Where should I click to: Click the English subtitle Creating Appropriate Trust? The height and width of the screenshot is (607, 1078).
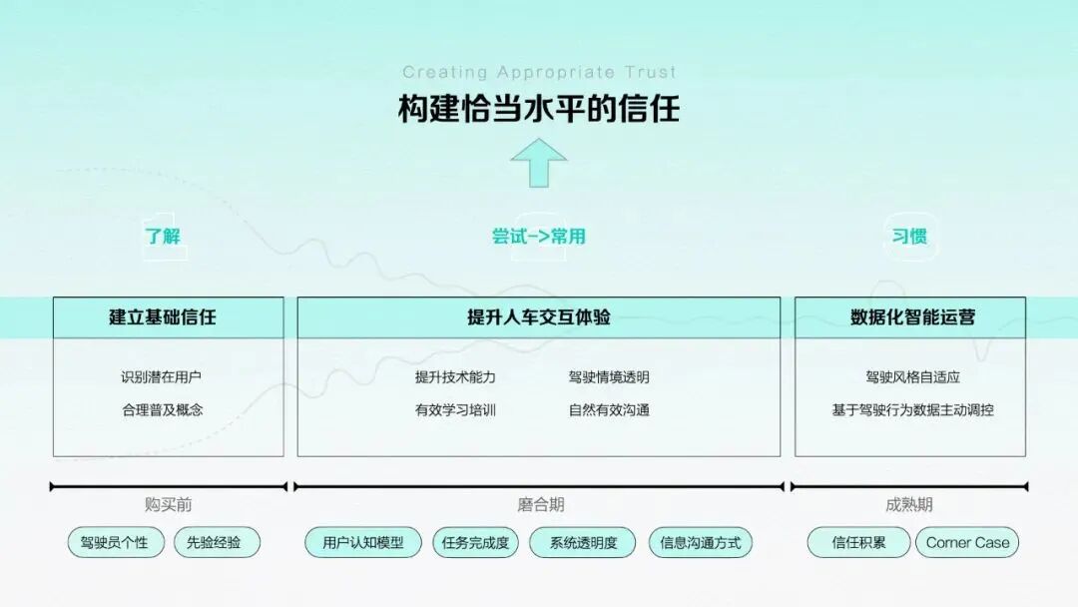[x=539, y=72]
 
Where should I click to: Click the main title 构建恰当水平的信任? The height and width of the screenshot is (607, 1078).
[x=539, y=108]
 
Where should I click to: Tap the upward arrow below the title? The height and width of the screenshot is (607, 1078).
[x=539, y=163]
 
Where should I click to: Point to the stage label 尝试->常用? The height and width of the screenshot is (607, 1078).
[x=539, y=237]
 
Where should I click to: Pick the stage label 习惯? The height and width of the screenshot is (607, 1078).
[x=909, y=237]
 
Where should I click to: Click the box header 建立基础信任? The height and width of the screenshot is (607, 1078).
[x=168, y=317]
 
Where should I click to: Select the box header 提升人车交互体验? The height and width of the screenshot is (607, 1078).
[x=539, y=317]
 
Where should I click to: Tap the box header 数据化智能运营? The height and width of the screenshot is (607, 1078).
[x=909, y=317]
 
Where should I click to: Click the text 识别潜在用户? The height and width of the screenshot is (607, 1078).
[x=162, y=377]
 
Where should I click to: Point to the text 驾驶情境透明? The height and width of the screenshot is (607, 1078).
[x=609, y=377]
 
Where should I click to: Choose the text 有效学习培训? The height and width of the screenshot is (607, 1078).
[x=455, y=409]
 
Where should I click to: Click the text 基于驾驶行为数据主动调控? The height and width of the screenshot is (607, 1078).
[x=912, y=409]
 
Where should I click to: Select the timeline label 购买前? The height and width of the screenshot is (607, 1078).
[x=168, y=505]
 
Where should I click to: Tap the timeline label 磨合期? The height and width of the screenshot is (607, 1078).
[x=540, y=505]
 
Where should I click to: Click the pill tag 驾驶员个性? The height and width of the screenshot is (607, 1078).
[x=115, y=543]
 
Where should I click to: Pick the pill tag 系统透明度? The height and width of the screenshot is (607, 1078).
[x=584, y=543]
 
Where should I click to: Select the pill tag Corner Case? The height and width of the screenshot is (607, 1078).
[x=967, y=543]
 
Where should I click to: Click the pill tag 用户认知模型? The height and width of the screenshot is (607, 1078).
[x=363, y=543]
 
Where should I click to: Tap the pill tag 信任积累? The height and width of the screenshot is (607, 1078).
[x=858, y=543]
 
